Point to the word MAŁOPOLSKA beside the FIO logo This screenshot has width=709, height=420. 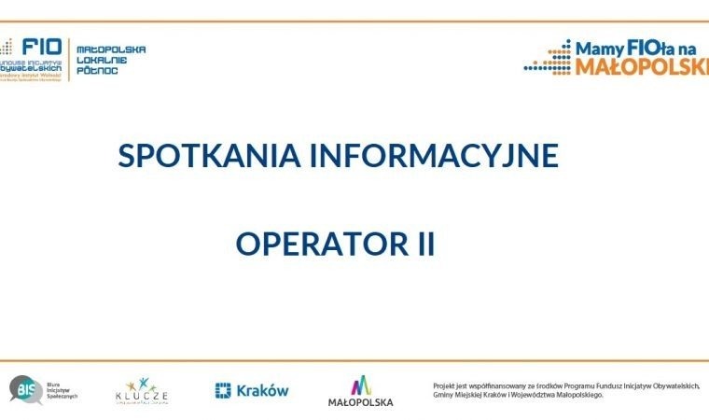tap(110, 49)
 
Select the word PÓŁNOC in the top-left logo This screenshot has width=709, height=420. tap(95, 71)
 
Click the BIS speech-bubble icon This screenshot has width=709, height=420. tap(25, 388)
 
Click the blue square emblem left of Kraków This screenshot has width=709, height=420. tap(223, 390)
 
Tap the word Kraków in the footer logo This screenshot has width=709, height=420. tap(262, 391)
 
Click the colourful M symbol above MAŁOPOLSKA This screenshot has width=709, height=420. tap(360, 385)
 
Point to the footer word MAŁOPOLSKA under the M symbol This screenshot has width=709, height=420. tap(360, 402)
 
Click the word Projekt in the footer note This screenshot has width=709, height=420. tap(445, 385)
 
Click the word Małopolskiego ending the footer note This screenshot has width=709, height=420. tap(577, 395)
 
